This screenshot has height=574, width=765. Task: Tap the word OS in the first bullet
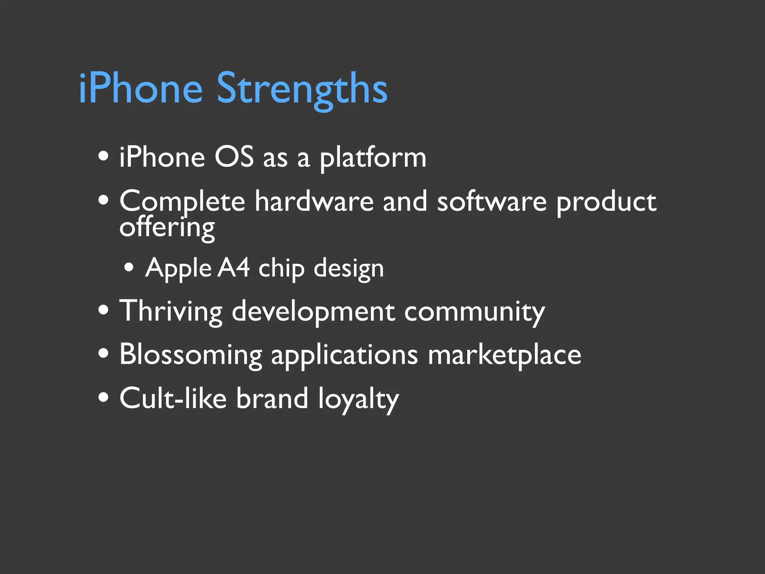(234, 157)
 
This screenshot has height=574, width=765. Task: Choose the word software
(492, 201)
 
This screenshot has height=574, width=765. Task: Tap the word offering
(167, 228)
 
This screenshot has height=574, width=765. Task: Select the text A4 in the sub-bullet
(233, 268)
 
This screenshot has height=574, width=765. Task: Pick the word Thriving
(171, 311)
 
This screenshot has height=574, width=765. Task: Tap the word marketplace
(504, 355)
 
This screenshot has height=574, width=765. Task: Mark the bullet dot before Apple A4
(129, 268)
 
